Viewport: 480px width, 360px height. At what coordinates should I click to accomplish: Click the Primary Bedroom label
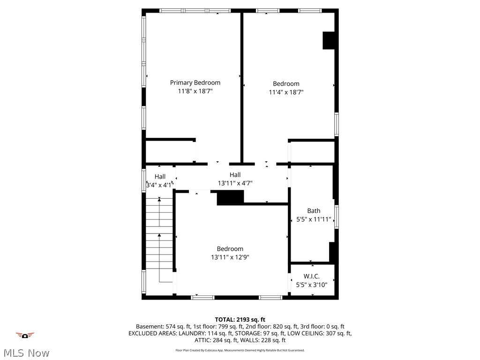195,82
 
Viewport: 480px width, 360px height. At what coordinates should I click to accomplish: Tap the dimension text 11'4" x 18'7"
286,92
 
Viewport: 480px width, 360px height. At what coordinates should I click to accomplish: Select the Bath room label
314,211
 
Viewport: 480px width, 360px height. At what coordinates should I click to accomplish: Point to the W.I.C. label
312,277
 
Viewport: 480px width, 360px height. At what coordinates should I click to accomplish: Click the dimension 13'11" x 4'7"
235,183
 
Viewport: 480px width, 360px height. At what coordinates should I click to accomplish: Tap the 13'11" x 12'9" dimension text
230,257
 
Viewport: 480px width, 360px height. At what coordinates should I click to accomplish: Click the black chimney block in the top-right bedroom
329,40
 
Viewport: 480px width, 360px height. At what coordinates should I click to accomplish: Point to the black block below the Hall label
230,197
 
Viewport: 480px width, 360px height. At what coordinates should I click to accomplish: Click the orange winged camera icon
25,335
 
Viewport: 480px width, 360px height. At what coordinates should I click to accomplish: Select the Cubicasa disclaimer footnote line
240,350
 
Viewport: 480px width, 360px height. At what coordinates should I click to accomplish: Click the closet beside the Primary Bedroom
170,151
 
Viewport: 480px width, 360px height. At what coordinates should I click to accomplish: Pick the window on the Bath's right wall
336,217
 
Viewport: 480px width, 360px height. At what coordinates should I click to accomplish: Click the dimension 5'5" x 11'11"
314,219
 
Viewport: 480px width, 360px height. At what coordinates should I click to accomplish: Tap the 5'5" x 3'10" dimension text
312,285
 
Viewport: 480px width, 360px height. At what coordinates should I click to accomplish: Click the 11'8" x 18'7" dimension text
195,91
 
